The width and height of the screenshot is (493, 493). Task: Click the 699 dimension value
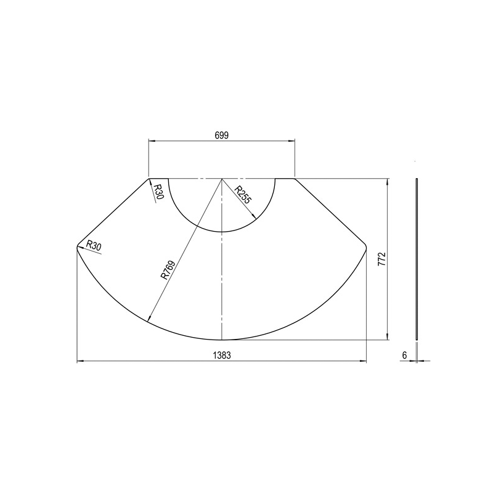click(x=222, y=135)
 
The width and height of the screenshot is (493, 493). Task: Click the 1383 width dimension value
click(x=222, y=356)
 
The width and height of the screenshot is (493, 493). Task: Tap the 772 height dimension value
click(x=381, y=259)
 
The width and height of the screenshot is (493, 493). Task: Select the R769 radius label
click(x=168, y=270)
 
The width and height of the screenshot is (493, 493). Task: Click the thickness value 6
click(x=404, y=356)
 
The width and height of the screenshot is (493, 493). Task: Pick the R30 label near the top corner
click(x=159, y=192)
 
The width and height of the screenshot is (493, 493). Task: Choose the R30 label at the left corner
click(x=94, y=245)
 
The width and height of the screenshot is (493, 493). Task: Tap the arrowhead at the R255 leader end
click(x=254, y=216)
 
